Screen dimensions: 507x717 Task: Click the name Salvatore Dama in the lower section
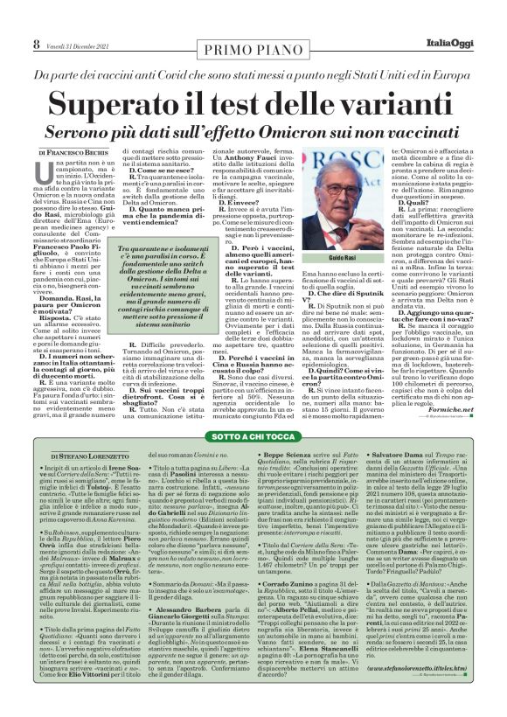[x=405, y=455]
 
